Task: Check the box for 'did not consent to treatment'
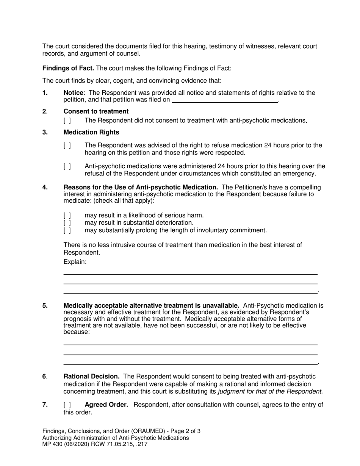tap(67, 121)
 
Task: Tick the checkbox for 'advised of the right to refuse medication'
tap(67, 145)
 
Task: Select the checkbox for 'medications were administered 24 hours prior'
tap(67, 166)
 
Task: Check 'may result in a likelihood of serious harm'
tap(67, 216)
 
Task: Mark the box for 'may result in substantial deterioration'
tap(67, 223)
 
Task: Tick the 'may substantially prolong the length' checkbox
tap(67, 230)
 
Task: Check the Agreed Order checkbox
tap(67, 405)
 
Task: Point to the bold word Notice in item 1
tap(73, 93)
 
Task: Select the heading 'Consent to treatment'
tap(96, 111)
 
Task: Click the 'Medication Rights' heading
tap(91, 132)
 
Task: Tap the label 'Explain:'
tap(75, 262)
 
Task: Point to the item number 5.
tap(45, 306)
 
